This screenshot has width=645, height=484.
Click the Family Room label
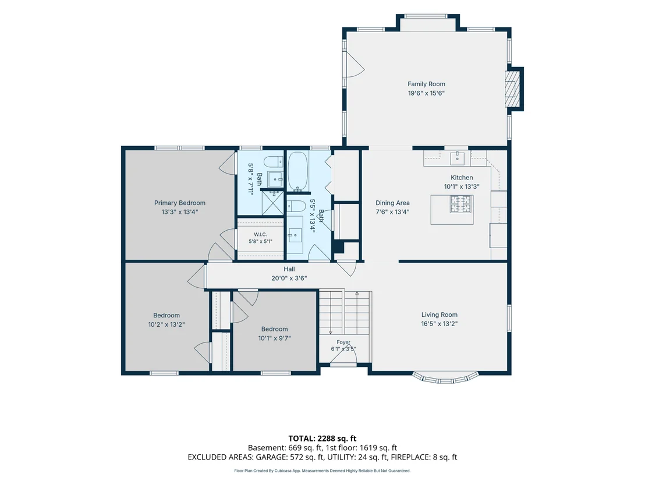click(x=426, y=84)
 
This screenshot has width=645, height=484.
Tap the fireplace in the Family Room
click(x=512, y=89)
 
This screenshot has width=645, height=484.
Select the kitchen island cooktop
click(x=460, y=204)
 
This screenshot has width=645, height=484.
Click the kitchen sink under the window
click(x=458, y=158)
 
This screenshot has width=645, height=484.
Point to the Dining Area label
click(x=392, y=203)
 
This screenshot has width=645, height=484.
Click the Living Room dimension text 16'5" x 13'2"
click(x=440, y=324)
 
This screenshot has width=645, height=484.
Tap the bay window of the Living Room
click(x=446, y=378)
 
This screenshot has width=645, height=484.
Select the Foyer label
click(x=343, y=342)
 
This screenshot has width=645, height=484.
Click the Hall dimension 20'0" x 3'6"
click(x=289, y=278)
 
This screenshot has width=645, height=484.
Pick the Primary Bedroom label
click(x=180, y=203)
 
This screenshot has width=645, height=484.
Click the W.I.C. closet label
click(x=260, y=234)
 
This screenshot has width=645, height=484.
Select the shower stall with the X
click(x=272, y=203)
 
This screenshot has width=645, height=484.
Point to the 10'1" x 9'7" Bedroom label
click(x=274, y=329)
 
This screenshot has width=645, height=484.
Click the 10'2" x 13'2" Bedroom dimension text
click(x=166, y=325)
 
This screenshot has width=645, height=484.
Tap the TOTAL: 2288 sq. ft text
click(x=322, y=439)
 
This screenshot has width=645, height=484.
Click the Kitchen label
click(x=462, y=178)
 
